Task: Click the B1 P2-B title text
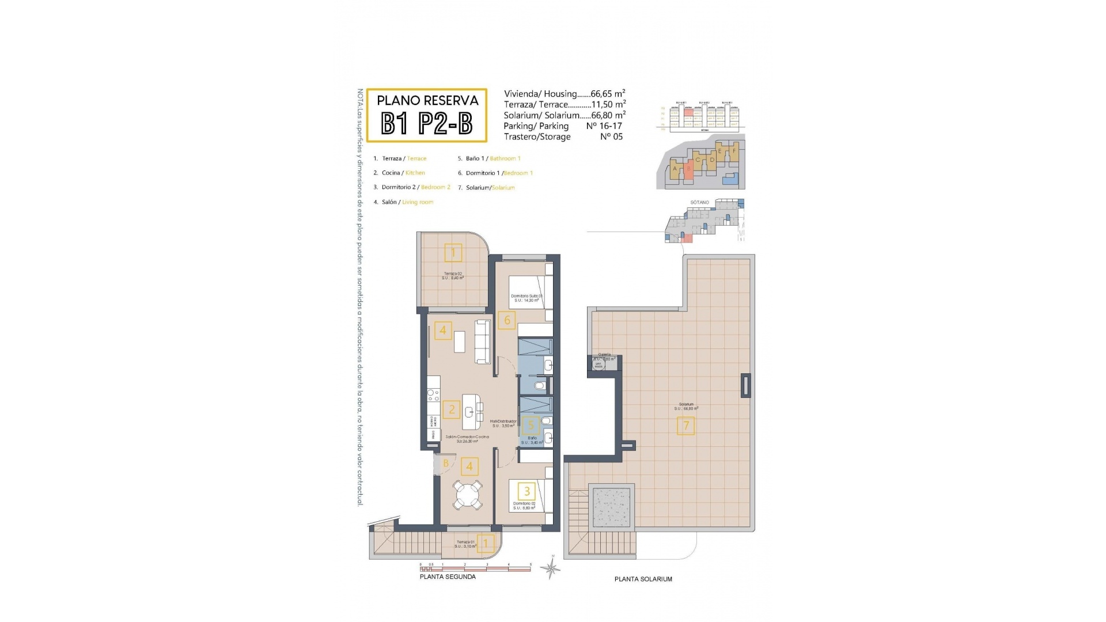pyautogui.click(x=426, y=123)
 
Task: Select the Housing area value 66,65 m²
pyautogui.click(x=608, y=94)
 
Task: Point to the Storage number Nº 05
pyautogui.click(x=611, y=137)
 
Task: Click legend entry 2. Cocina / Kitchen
pyautogui.click(x=399, y=173)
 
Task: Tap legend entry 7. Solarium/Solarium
pyautogui.click(x=487, y=188)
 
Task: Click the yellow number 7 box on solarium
pyautogui.click(x=685, y=426)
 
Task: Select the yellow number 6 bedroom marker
pyautogui.click(x=507, y=320)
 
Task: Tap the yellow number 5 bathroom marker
pyautogui.click(x=531, y=426)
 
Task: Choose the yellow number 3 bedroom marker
pyautogui.click(x=527, y=491)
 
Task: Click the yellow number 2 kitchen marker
pyautogui.click(x=452, y=409)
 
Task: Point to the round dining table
pyautogui.click(x=468, y=495)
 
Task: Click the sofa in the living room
pyautogui.click(x=483, y=342)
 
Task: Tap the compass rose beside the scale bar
pyautogui.click(x=551, y=569)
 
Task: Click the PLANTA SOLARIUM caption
pyautogui.click(x=643, y=579)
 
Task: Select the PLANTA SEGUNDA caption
pyautogui.click(x=448, y=577)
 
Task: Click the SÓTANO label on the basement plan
pyautogui.click(x=699, y=203)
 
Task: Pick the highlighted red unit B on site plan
pyautogui.click(x=688, y=170)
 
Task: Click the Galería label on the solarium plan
pyautogui.click(x=604, y=355)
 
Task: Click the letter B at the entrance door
pyautogui.click(x=445, y=464)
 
